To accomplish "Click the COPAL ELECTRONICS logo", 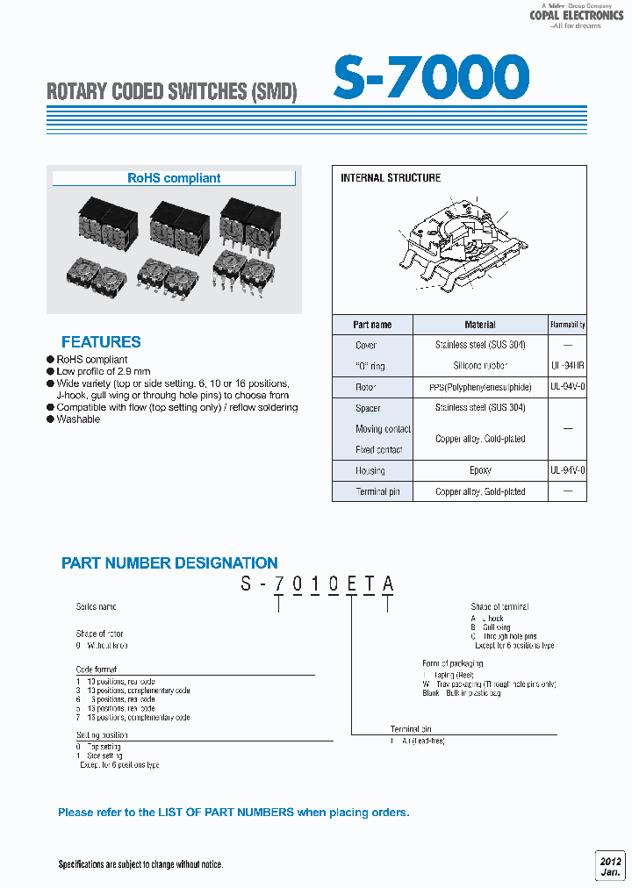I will (x=576, y=15).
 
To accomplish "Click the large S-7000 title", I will (x=431, y=77).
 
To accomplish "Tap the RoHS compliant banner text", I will (x=174, y=178).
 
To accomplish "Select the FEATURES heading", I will (x=101, y=342).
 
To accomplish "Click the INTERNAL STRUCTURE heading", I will (x=391, y=178).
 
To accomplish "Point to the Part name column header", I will (x=372, y=325).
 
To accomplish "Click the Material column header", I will (x=480, y=325).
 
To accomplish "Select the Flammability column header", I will (x=568, y=325).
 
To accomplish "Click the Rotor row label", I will (x=366, y=387).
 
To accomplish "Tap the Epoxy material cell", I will (x=480, y=471).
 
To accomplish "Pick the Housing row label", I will (x=370, y=471).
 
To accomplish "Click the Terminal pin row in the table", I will (x=377, y=492).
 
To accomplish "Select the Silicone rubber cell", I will (x=480, y=366).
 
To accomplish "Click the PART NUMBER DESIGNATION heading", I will (x=169, y=563).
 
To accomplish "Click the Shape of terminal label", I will (x=499, y=607).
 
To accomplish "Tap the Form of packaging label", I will (x=452, y=663).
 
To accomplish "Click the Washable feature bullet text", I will (x=78, y=419).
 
